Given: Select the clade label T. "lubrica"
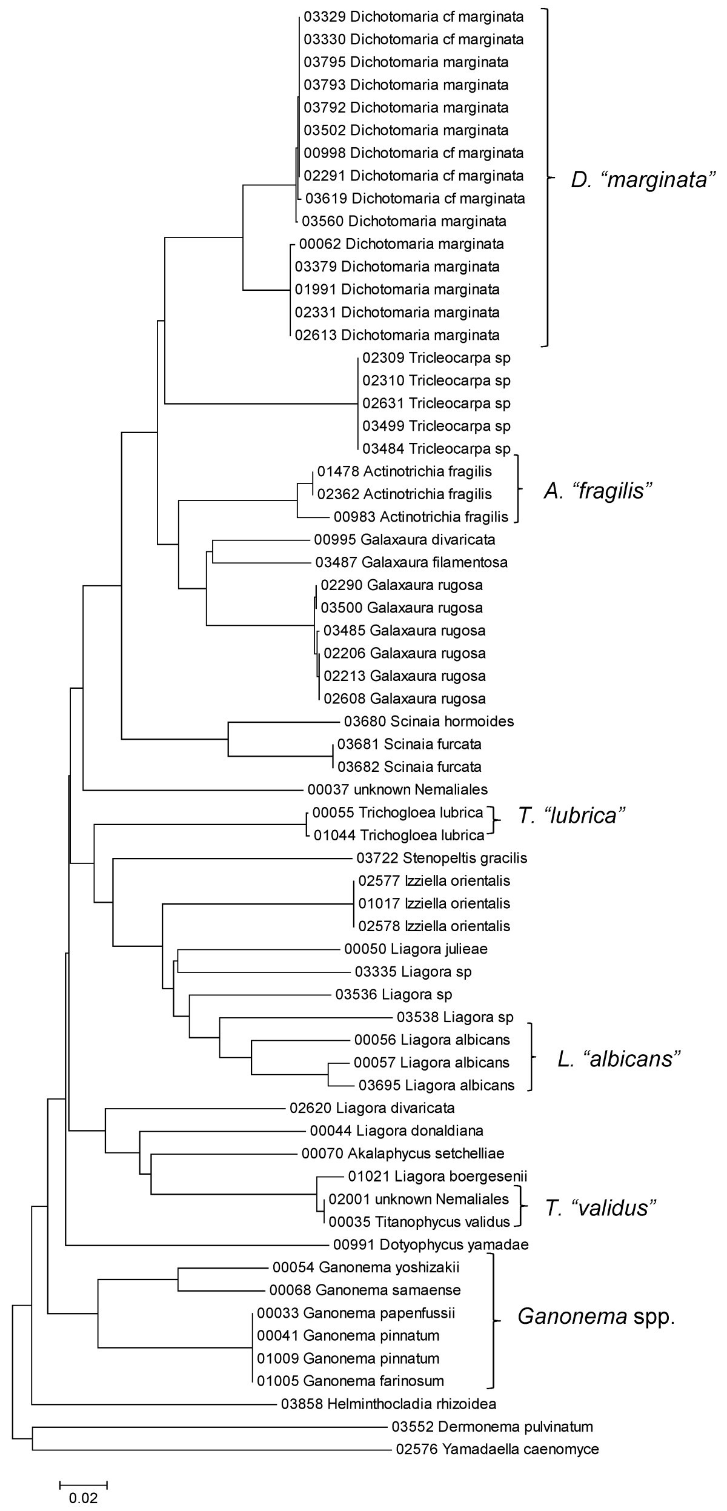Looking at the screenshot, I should tap(571, 815).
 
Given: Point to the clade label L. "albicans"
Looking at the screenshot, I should tap(619, 1059).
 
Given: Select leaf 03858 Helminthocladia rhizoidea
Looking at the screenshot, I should tap(388, 1404).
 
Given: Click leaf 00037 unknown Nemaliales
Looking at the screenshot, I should tap(397, 789).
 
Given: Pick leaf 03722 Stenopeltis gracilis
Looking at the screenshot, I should tap(442, 858).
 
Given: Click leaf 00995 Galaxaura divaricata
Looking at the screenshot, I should tap(404, 539).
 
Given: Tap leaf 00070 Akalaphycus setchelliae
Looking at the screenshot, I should tap(403, 1154).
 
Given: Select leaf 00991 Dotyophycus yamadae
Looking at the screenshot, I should tap(431, 1244).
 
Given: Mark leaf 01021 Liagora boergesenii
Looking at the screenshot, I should tap(437, 1177).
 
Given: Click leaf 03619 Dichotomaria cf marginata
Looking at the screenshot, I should tap(415, 198).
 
